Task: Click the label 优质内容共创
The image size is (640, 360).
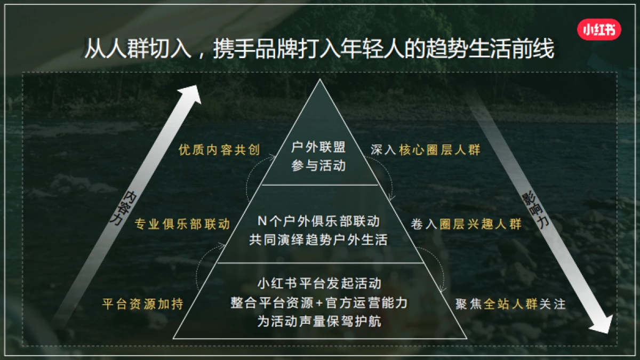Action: tap(219, 150)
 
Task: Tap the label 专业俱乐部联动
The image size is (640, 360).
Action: tap(182, 224)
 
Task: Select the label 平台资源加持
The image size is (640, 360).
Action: tap(143, 304)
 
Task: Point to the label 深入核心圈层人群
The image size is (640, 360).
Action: tap(426, 150)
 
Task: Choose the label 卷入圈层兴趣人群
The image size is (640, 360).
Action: tap(466, 224)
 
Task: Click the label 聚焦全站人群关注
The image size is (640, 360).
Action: tap(510, 304)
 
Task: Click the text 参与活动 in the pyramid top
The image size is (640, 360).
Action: tap(318, 166)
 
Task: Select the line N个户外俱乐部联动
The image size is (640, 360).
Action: tap(318, 221)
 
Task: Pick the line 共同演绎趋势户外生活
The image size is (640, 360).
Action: tap(318, 239)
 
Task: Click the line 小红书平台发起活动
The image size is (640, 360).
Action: tap(319, 283)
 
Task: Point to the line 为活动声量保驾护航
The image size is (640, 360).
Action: tap(319, 322)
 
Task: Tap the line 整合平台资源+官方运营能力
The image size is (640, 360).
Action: tap(319, 302)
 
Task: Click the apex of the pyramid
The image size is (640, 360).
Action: tap(319, 81)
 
